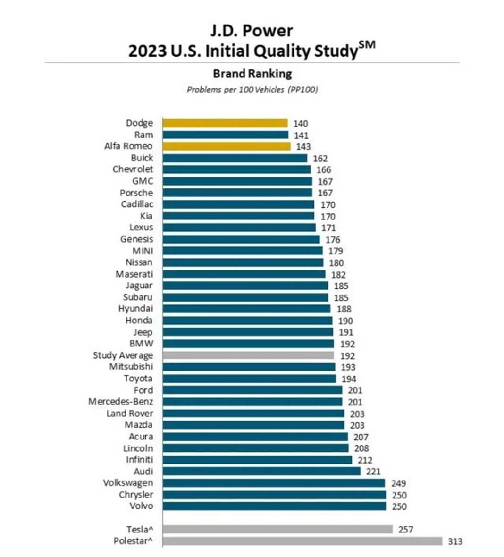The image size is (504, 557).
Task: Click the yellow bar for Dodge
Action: (x=225, y=123)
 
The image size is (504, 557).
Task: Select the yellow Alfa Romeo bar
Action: (x=227, y=146)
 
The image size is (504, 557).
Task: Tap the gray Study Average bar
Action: (x=248, y=355)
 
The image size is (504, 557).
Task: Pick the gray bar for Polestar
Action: (x=302, y=541)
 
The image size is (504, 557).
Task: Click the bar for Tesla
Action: (x=277, y=529)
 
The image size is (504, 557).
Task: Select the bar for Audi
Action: (x=261, y=471)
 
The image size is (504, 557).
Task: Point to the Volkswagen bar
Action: (x=274, y=483)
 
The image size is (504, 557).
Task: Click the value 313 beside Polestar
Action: (x=455, y=541)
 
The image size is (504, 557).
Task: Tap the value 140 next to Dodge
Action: (x=300, y=124)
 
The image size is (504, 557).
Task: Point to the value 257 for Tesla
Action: (x=405, y=530)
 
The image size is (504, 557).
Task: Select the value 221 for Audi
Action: (x=373, y=472)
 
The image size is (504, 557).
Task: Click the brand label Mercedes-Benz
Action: (x=120, y=402)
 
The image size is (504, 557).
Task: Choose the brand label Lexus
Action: (x=141, y=228)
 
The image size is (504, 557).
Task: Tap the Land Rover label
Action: (x=129, y=414)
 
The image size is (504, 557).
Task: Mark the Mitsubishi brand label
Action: (x=131, y=367)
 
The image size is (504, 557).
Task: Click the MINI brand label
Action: (x=143, y=251)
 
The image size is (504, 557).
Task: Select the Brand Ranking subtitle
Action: (x=252, y=74)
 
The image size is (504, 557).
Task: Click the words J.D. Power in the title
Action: (x=252, y=31)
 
